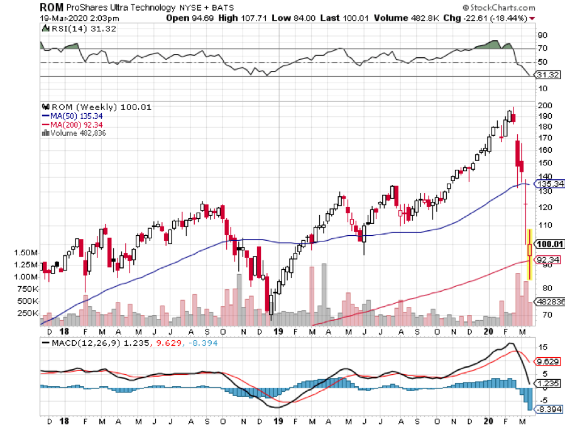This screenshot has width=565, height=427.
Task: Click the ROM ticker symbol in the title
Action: tap(52, 7)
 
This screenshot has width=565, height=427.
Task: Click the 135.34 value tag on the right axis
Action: tap(548, 184)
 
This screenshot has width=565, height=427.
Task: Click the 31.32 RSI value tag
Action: tap(546, 75)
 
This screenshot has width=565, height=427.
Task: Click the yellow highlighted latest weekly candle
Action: tap(530, 254)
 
